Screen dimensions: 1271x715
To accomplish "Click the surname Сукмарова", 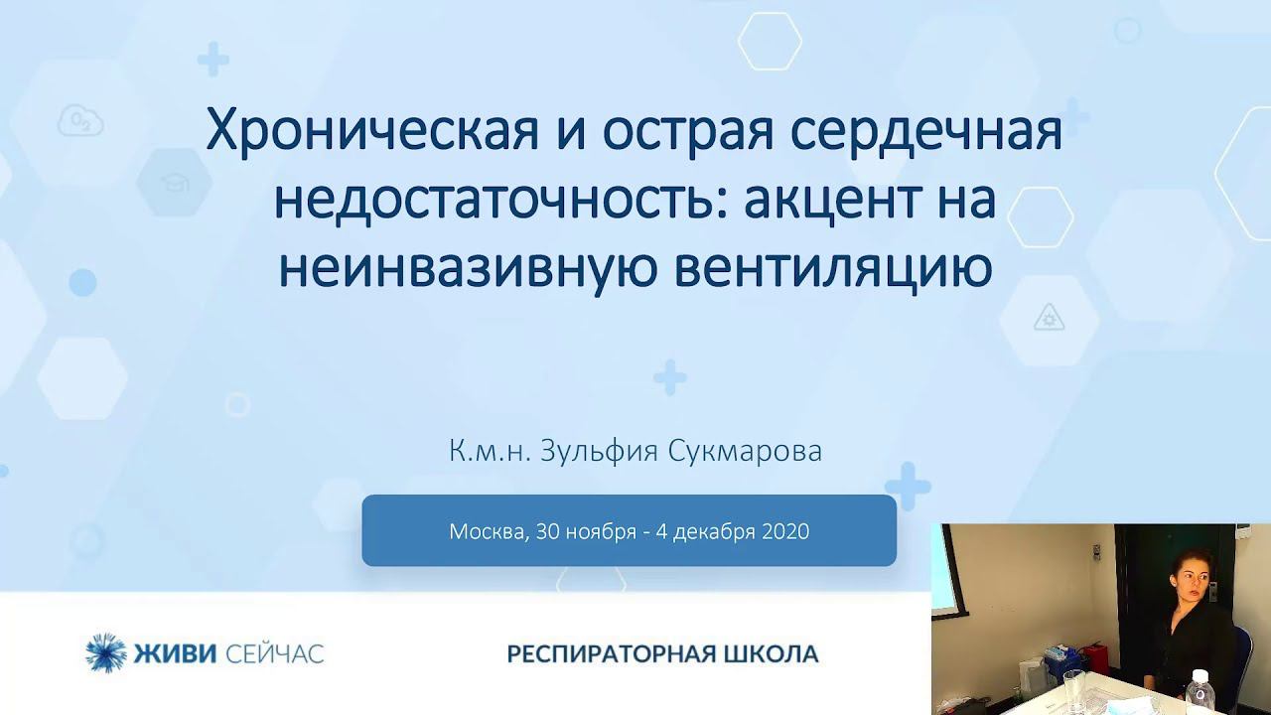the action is [745, 452].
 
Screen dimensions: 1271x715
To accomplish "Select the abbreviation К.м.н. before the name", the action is [490, 452].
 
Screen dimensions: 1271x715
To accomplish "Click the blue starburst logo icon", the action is [106, 652].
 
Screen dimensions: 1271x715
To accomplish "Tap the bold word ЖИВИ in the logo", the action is [175, 653].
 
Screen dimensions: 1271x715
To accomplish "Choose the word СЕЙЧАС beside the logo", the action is [275, 653].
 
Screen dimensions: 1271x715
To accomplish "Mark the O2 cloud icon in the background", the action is [80, 120].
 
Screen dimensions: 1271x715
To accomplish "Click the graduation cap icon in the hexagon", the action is [175, 182].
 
